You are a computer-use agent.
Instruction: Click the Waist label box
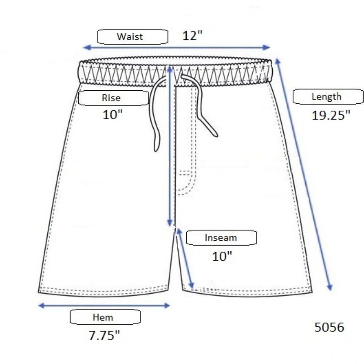[x=132, y=37]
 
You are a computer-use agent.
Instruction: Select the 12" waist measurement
[x=193, y=36]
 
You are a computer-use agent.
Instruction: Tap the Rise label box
[x=114, y=98]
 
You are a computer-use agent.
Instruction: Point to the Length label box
[x=328, y=96]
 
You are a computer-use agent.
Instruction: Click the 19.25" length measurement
[x=331, y=115]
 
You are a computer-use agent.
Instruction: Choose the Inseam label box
[x=221, y=238]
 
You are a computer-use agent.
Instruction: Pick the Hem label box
[x=105, y=317]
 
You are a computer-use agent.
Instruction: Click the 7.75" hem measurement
[x=104, y=335]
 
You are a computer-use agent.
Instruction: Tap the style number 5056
[x=329, y=327]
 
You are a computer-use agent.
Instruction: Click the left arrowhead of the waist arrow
[x=86, y=48]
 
